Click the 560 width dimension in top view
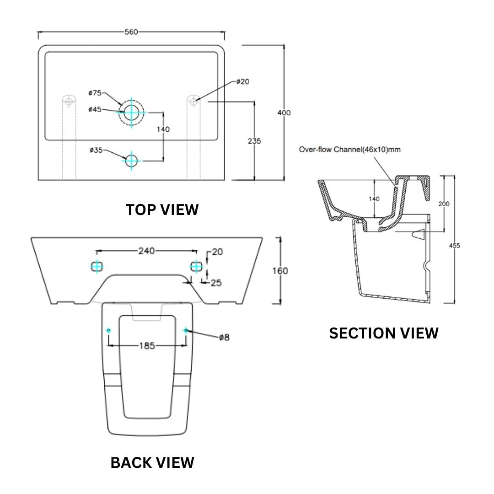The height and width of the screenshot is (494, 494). (131, 32)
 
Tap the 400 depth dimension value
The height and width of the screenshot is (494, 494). (284, 113)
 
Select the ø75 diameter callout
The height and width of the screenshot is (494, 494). (95, 93)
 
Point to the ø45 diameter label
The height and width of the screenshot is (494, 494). (95, 109)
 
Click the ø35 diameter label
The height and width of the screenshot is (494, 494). (96, 150)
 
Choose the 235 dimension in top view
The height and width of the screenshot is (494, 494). (254, 141)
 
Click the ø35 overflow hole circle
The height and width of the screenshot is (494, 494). (131, 160)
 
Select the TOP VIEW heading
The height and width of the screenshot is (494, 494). (162, 210)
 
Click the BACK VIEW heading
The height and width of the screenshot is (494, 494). (152, 462)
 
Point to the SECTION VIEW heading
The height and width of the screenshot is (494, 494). (384, 333)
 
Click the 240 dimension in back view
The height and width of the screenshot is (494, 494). (147, 251)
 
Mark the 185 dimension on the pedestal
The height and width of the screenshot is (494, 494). (147, 346)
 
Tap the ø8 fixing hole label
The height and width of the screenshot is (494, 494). (224, 338)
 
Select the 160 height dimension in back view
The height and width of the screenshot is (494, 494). (280, 271)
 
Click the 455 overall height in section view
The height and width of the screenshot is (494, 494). (454, 246)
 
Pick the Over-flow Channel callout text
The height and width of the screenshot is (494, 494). (349, 150)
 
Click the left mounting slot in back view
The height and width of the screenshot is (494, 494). (97, 266)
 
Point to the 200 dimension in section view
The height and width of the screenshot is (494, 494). (444, 204)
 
